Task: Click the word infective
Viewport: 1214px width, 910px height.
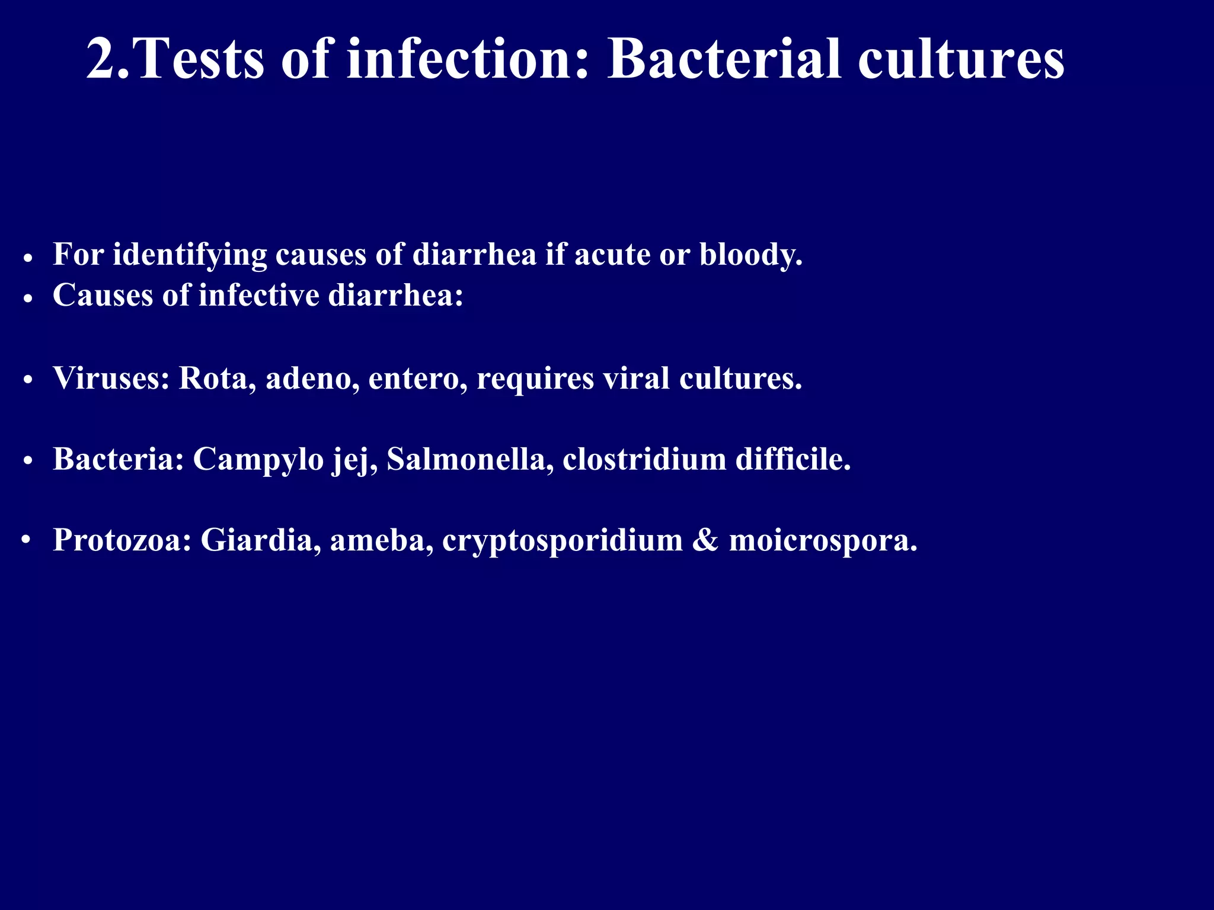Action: (x=259, y=295)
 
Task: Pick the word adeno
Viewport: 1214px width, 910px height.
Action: (x=312, y=378)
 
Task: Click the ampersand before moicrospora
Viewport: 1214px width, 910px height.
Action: (x=705, y=540)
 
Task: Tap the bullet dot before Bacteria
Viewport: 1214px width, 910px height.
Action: (x=27, y=462)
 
